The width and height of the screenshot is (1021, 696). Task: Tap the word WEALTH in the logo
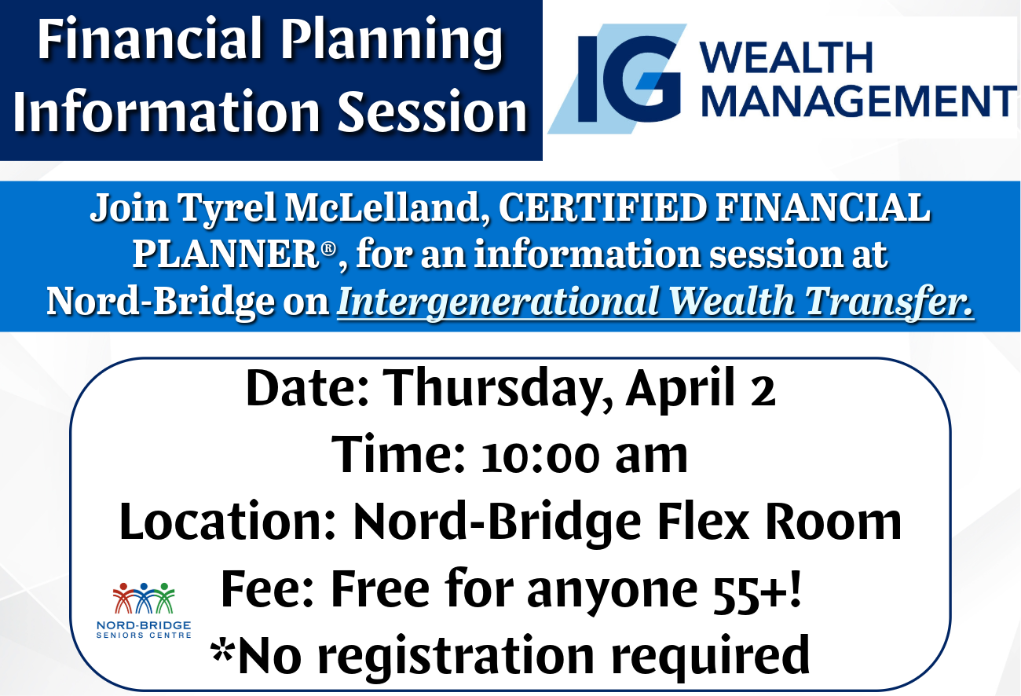[786, 57]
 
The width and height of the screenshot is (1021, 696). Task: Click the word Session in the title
[433, 112]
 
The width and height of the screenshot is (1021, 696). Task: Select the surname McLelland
[387, 208]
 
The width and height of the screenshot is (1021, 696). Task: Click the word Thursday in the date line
[498, 388]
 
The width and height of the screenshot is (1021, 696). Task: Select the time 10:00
[540, 457]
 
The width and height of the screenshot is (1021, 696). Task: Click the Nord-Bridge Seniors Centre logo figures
[144, 598]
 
